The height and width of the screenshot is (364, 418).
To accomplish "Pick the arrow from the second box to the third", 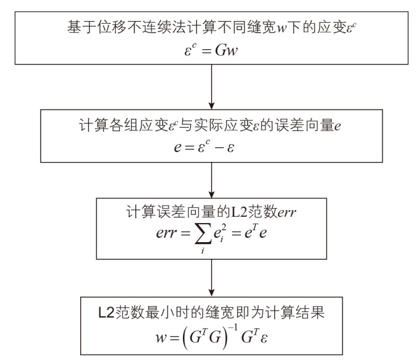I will coord(209,180).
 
